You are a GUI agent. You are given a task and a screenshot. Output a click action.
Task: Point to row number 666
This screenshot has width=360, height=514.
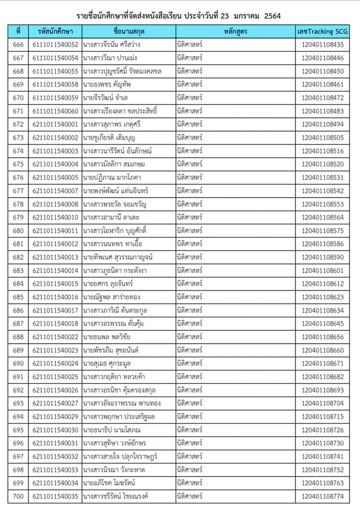[18, 45]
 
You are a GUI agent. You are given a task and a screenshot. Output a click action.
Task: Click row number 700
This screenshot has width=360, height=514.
[18, 496]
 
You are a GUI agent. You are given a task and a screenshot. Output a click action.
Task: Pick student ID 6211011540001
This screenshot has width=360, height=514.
[55, 124]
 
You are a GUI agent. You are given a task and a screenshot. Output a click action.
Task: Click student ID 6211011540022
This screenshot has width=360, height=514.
[55, 337]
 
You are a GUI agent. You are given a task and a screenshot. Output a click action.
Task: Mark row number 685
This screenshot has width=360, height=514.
[18, 297]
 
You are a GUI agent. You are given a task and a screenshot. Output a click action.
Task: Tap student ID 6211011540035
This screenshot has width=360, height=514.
[55, 496]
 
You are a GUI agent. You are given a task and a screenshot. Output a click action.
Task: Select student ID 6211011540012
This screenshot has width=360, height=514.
[55, 244]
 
